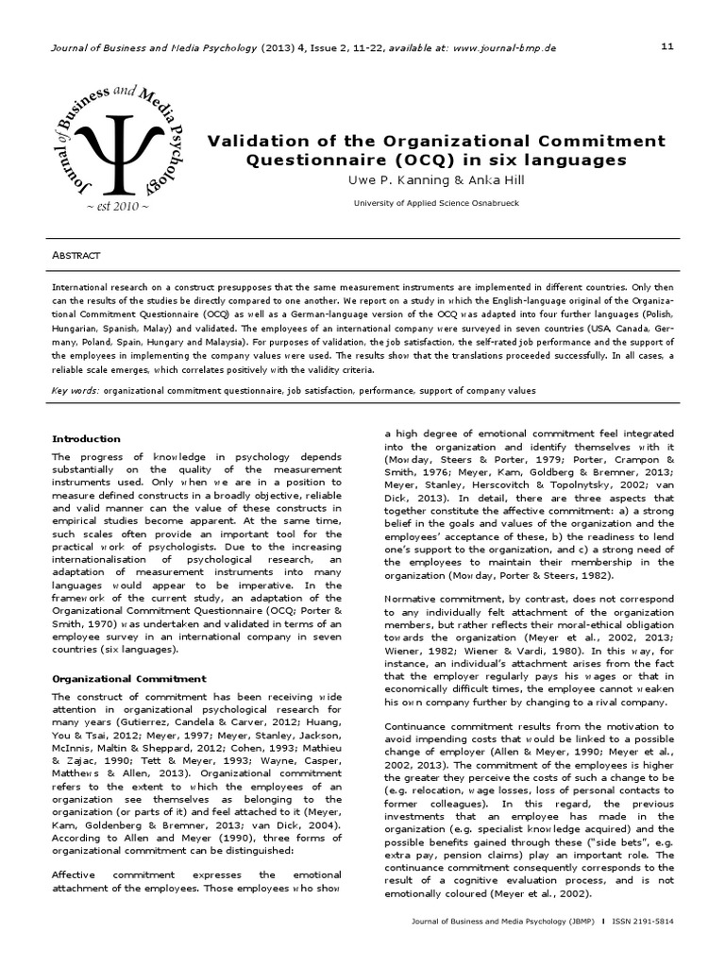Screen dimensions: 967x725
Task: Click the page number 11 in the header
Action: click(x=667, y=46)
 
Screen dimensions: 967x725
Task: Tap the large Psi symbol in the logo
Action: click(x=115, y=152)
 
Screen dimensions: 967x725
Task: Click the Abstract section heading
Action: click(x=76, y=256)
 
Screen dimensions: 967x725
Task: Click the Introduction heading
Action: click(x=86, y=438)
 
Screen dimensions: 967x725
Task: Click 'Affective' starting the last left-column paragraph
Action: click(x=77, y=874)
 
